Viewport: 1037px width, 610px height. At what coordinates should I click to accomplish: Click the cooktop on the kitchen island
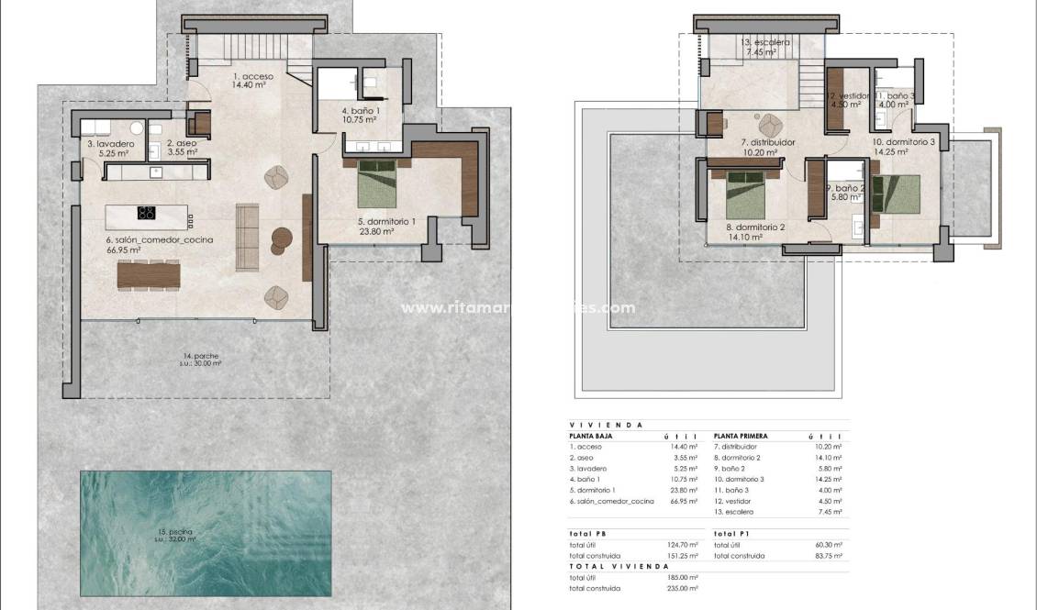tap(146, 214)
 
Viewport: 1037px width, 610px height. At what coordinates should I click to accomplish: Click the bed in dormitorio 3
tap(896, 194)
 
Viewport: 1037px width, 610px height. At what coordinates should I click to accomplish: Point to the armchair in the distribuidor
tap(770, 124)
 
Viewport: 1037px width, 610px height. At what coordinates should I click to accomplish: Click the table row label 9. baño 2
tap(732, 469)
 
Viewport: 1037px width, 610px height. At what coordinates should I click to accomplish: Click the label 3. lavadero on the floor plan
tap(111, 145)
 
